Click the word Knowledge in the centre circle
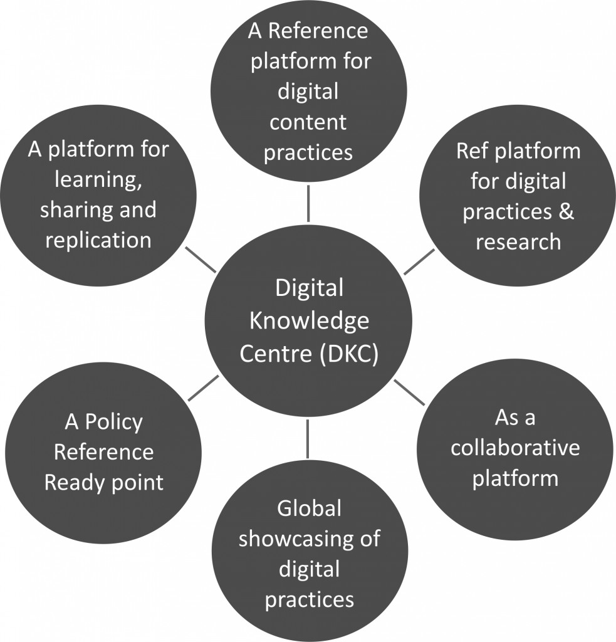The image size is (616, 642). [309, 322]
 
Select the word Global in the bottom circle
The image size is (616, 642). [309, 508]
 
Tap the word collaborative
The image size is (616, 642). [515, 449]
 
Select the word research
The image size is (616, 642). [518, 242]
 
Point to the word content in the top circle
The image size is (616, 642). [308, 122]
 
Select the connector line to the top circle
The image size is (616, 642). [308, 204]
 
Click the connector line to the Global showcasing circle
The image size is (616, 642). [308, 438]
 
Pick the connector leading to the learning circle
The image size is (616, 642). [201, 258]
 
